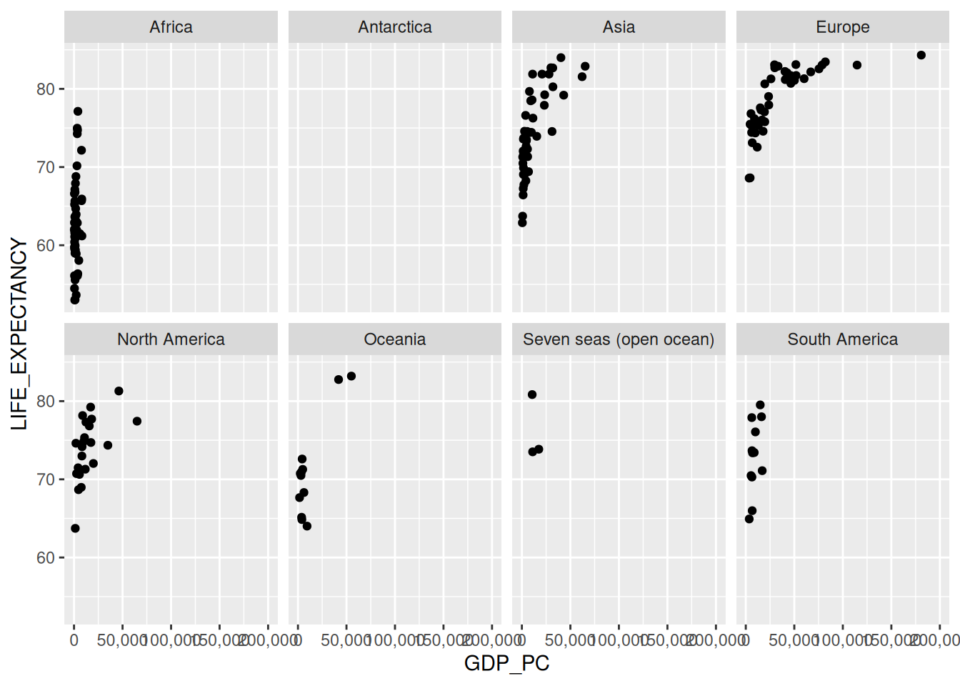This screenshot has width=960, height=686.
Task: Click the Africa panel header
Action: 171,27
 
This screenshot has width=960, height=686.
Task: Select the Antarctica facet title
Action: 395,27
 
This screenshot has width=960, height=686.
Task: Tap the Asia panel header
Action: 619,27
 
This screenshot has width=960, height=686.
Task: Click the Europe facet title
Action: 843,27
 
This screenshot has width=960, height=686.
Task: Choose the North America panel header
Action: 171,339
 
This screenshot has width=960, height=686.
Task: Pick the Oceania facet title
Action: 395,339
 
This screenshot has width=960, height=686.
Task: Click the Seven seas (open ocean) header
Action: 619,339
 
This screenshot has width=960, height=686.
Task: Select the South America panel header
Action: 843,339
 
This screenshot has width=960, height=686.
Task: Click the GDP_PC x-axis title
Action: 506,663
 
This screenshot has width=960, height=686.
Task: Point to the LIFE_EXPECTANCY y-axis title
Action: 19,334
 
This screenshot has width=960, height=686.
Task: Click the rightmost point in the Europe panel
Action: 921,55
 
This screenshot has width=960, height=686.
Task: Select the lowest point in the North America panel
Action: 75,528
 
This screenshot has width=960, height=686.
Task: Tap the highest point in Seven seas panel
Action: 532,394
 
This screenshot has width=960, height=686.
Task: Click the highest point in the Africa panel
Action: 78,111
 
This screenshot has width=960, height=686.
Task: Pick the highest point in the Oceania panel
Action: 351,376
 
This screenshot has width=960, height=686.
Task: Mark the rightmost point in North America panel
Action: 137,421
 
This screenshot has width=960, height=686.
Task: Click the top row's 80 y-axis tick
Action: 46,89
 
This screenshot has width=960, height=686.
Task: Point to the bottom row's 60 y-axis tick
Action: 46,557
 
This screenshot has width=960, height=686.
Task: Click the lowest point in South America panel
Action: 749,519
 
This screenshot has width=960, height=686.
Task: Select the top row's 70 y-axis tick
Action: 46,167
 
